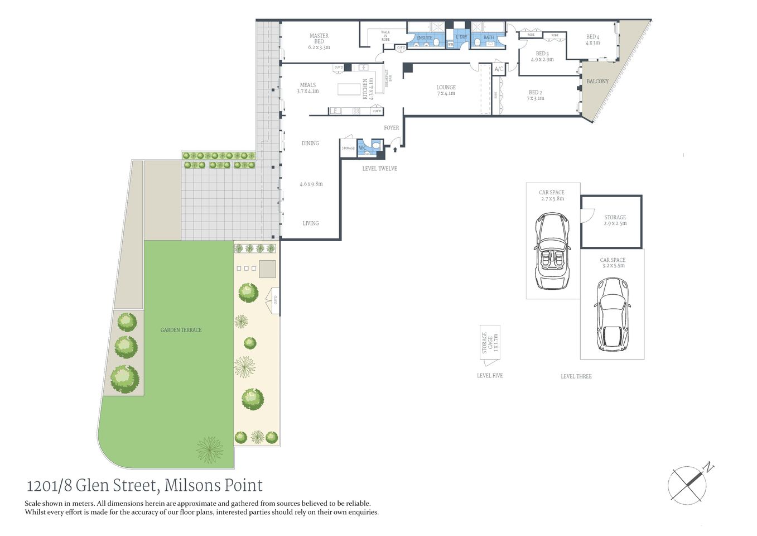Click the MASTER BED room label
(319, 41)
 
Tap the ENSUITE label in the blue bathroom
(424, 38)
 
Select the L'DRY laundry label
(461, 37)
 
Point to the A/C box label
(499, 69)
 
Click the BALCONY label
(597, 82)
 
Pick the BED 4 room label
(592, 40)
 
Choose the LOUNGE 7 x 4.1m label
(446, 90)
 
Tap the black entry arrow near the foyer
(396, 149)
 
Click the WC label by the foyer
(363, 148)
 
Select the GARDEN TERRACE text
(181, 330)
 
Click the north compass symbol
(691, 482)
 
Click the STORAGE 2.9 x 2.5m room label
(615, 220)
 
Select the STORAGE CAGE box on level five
(489, 342)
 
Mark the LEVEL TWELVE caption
(379, 169)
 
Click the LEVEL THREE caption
(576, 376)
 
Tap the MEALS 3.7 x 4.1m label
(307, 88)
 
